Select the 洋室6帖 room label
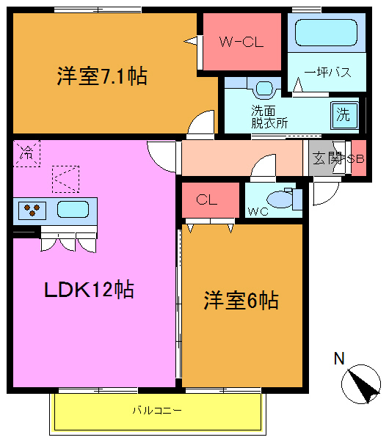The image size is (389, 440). click(x=241, y=301)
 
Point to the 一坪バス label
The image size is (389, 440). click(x=326, y=72)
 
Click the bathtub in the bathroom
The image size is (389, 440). click(x=325, y=33)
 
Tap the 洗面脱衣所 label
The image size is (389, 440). click(x=269, y=117)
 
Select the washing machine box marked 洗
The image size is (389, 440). click(x=343, y=114)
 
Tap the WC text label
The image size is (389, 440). click(x=257, y=212)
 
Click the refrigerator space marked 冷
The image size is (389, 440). click(x=26, y=154)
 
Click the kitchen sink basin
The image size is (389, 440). click(x=73, y=209)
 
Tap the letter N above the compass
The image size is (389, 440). click(x=339, y=359)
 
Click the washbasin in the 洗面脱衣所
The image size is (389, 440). click(x=263, y=89)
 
